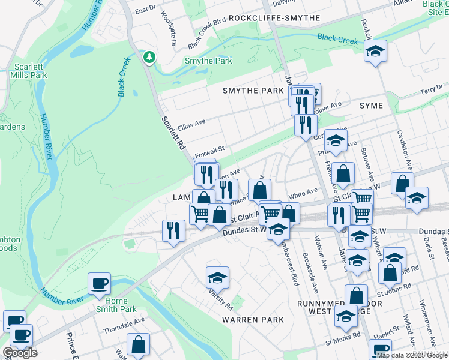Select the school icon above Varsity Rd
[x=217, y=277]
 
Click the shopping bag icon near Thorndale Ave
[x=139, y=345]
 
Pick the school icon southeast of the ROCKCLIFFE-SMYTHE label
[x=375, y=51]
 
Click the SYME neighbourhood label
[x=371, y=105]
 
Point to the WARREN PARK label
[x=253, y=320]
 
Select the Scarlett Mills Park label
[x=28, y=71]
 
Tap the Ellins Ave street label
[x=191, y=124]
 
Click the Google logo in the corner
[x=20, y=353]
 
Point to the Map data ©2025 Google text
[x=411, y=355]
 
